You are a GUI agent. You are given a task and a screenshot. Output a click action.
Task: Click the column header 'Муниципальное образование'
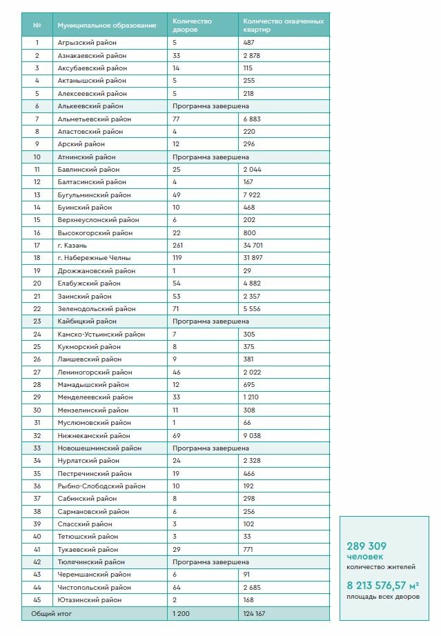pyautogui.click(x=107, y=26)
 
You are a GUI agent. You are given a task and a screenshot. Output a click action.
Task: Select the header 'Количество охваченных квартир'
pyautogui.click(x=283, y=26)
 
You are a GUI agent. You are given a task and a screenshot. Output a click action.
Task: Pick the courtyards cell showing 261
pyautogui.click(x=179, y=245)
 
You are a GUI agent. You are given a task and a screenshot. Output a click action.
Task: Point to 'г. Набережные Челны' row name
pyautogui.click(x=90, y=258)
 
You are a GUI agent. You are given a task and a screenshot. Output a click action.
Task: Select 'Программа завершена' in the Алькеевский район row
pyautogui.click(x=210, y=106)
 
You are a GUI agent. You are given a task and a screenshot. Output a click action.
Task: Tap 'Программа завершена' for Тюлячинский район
pyautogui.click(x=210, y=562)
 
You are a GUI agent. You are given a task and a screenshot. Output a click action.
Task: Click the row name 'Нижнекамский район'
pyautogui.click(x=94, y=435)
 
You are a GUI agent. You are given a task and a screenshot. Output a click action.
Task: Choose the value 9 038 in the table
pyautogui.click(x=252, y=435)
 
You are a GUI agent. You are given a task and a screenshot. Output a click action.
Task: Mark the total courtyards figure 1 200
pyautogui.click(x=181, y=613)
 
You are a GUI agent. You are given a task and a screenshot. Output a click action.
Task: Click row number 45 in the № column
pyautogui.click(x=37, y=600)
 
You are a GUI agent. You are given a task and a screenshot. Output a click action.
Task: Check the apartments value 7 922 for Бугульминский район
pyautogui.click(x=252, y=195)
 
